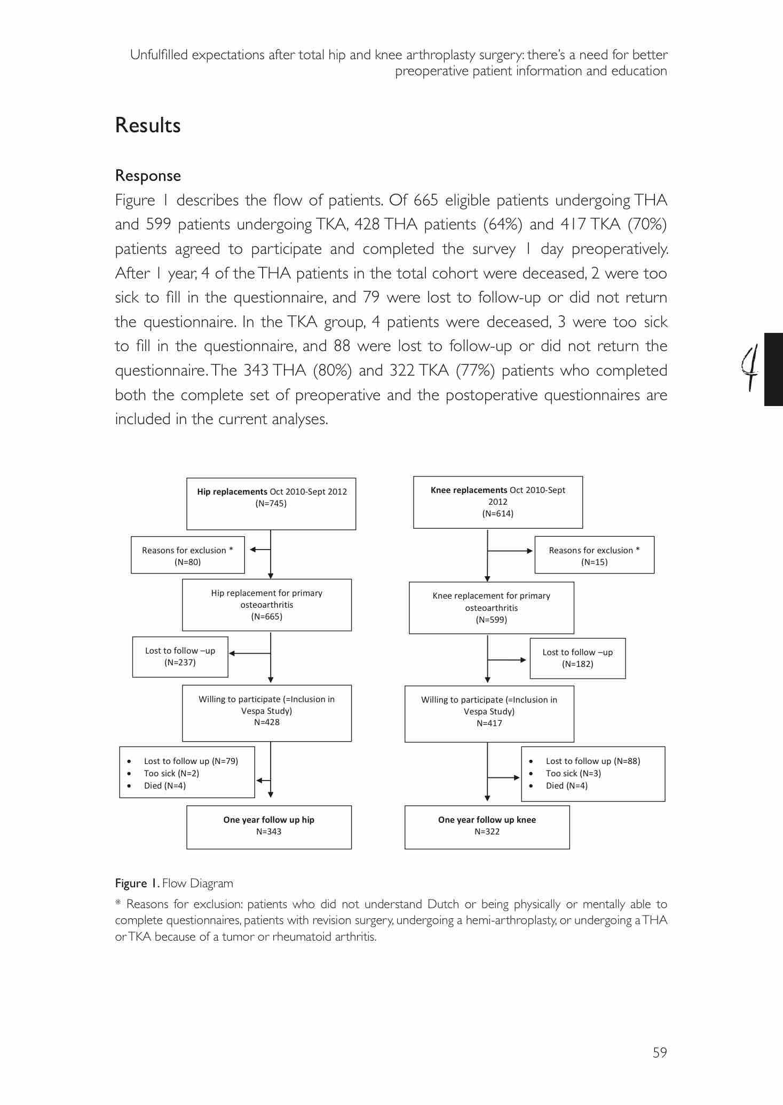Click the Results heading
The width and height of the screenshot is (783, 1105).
click(x=148, y=125)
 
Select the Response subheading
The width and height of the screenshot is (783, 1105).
click(x=148, y=176)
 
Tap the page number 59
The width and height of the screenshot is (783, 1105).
click(x=660, y=1052)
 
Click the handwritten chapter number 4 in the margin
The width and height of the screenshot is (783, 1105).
click(x=751, y=368)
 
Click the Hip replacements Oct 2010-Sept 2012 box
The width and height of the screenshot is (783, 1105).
click(x=271, y=503)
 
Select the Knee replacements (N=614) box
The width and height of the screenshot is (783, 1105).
click(x=497, y=502)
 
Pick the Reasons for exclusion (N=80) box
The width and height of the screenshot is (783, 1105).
click(x=187, y=555)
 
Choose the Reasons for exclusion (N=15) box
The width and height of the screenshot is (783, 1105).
click(x=594, y=555)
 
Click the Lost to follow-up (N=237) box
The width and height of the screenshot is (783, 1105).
click(x=180, y=656)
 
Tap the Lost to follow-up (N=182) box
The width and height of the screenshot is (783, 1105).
click(x=578, y=658)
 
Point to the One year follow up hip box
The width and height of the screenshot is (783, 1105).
click(x=268, y=826)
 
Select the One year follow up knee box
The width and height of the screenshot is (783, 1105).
click(x=487, y=826)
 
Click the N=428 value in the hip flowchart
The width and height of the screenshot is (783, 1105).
click(x=267, y=722)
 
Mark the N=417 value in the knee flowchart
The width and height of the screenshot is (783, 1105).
click(x=489, y=724)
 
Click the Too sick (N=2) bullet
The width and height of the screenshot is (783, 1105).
click(x=171, y=773)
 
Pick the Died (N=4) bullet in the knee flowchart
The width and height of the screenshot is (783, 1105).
click(x=566, y=785)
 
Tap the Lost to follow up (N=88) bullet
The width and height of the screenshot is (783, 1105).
click(x=592, y=761)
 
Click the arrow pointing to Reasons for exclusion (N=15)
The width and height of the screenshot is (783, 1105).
click(x=511, y=551)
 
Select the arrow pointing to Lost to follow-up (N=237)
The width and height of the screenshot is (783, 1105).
click(x=250, y=653)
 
